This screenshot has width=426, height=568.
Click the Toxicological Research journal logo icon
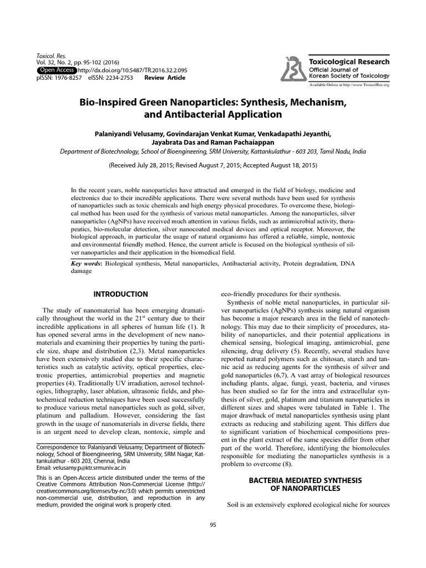tap(293, 70)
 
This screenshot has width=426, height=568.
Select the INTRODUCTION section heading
tap(120, 294)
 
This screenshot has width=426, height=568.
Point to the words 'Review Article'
tap(165, 78)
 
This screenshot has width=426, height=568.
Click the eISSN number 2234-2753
tap(118, 78)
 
